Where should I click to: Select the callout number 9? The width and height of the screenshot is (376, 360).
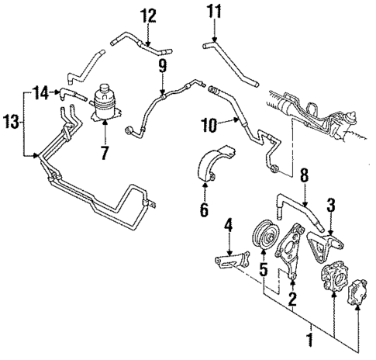162,67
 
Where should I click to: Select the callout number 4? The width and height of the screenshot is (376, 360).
227,227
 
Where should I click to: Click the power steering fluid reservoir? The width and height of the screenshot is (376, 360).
104,104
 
